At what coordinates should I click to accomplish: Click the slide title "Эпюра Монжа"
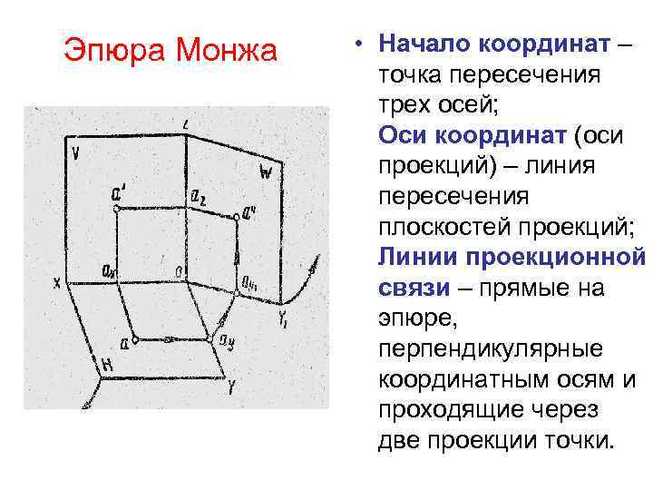click(171, 50)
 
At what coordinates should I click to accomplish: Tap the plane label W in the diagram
click(265, 171)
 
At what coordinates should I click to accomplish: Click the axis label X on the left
click(57, 284)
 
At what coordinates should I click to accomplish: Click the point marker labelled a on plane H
click(135, 340)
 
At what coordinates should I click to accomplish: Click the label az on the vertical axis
click(198, 196)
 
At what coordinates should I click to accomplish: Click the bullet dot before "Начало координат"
click(360, 44)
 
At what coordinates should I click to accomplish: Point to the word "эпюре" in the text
click(414, 319)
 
